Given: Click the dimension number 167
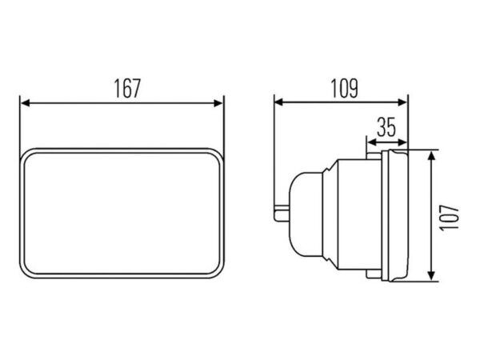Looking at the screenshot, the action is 127,89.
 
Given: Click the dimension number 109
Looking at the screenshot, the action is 344,89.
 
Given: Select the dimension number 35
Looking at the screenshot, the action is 386,126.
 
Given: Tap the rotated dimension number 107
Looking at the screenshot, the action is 450,218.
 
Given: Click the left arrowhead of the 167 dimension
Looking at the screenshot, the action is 25,103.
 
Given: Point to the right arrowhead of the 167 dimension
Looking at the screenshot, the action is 218,103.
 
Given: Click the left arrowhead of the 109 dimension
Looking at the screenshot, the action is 279,102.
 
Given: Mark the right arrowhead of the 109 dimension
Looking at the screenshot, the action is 402,102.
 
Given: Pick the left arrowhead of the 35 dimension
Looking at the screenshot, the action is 372,142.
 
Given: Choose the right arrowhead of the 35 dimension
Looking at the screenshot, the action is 402,142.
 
